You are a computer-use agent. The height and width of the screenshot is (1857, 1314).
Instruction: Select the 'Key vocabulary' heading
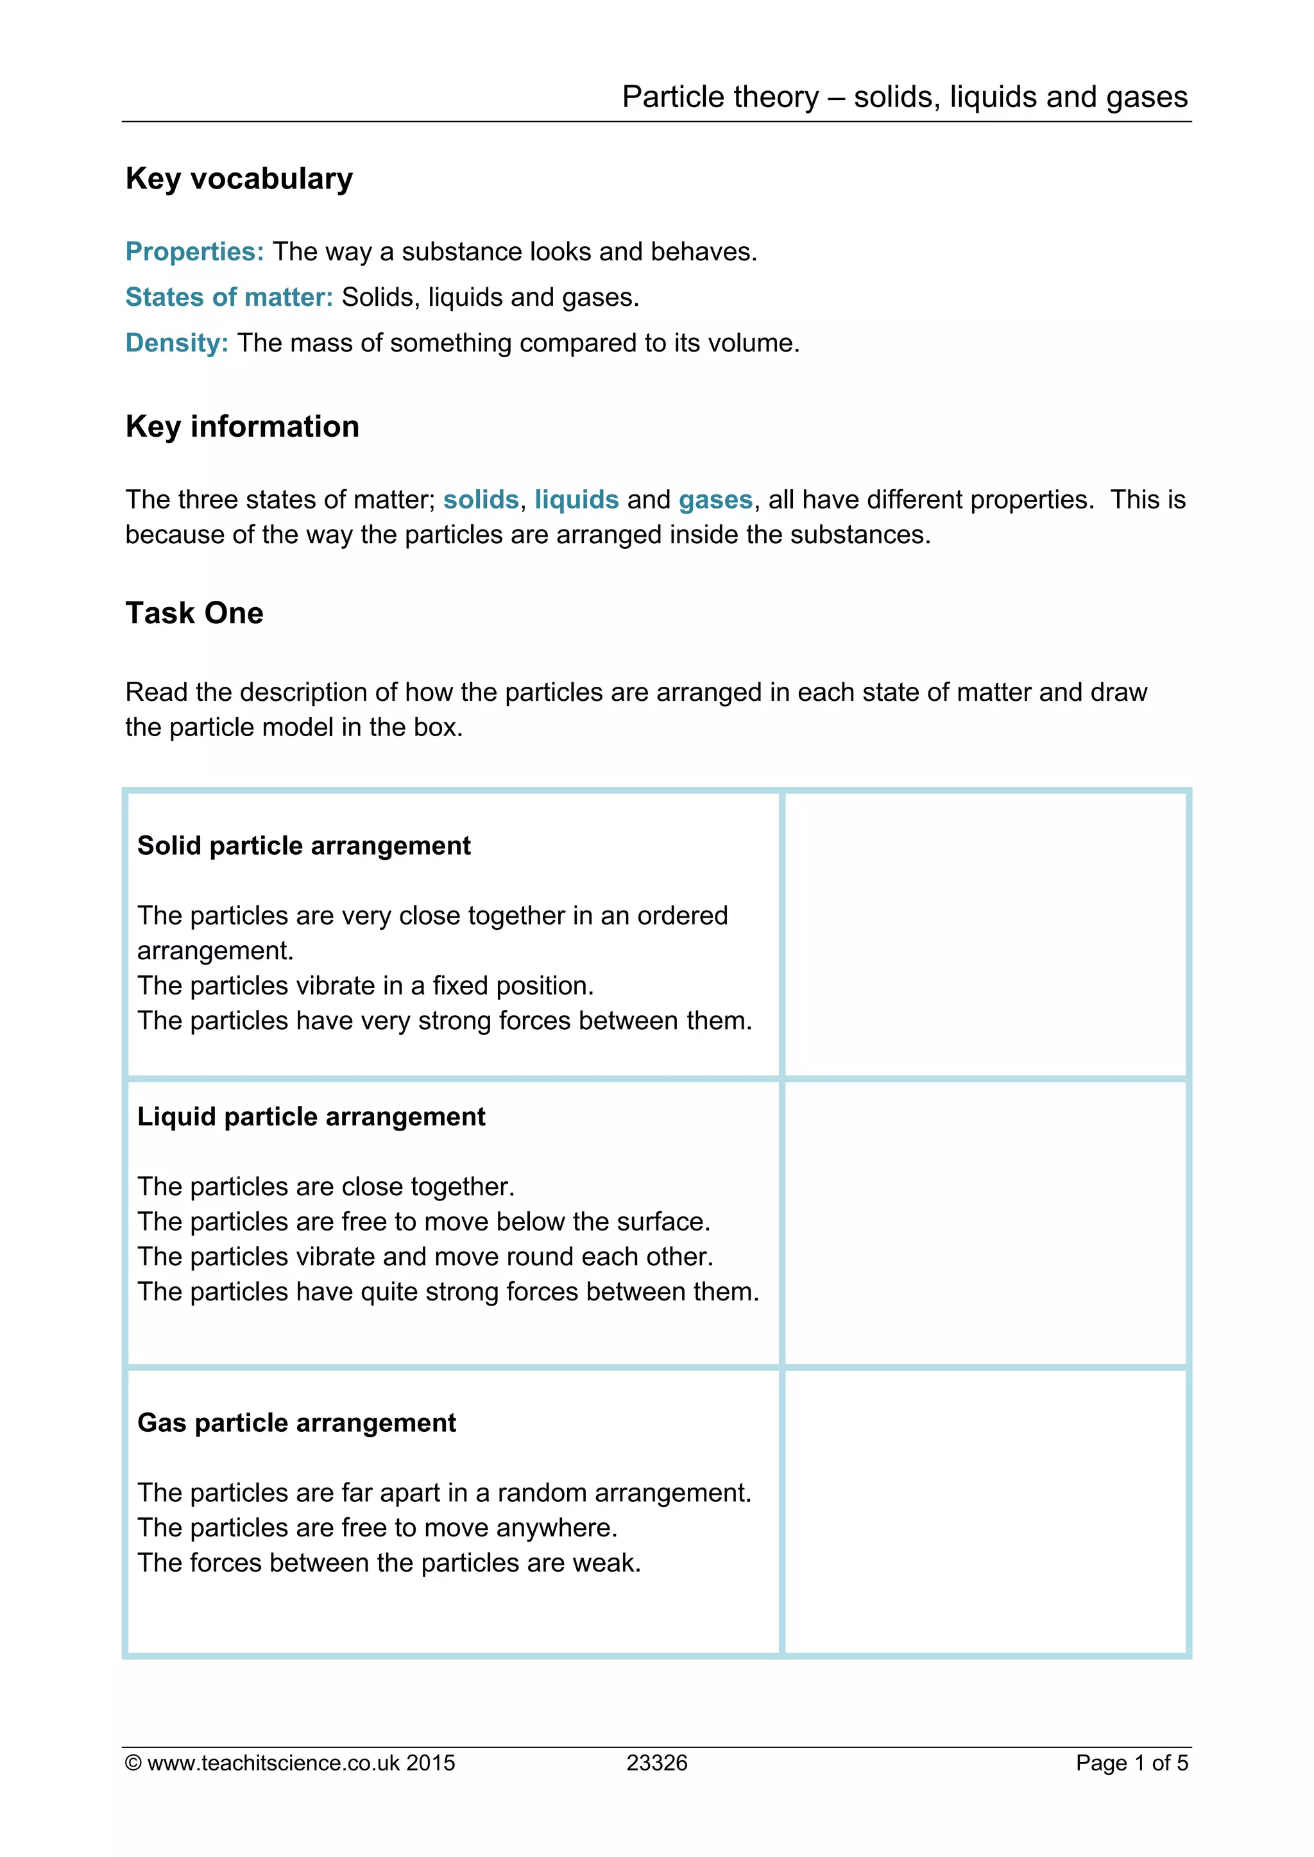coord(239,179)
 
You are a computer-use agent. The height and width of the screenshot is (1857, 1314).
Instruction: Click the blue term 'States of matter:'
coord(229,298)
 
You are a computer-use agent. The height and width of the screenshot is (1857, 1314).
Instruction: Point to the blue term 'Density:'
coord(176,343)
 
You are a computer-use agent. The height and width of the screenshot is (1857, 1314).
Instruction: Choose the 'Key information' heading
coord(242,426)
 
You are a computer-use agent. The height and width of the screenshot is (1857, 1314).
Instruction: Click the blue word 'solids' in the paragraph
coord(481,500)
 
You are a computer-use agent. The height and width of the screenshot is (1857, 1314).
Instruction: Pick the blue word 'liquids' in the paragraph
coord(576,500)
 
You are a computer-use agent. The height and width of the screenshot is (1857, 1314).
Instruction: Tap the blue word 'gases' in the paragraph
coord(715,500)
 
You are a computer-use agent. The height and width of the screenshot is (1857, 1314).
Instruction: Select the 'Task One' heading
coord(194,613)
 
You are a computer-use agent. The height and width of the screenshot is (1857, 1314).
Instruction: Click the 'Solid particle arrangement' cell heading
coord(303,846)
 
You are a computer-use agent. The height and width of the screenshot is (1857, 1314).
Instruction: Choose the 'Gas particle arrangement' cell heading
coord(296,1423)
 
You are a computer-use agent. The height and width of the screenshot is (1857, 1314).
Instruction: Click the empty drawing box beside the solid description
coord(985,934)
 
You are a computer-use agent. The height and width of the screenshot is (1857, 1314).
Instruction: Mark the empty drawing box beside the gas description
coord(985,1511)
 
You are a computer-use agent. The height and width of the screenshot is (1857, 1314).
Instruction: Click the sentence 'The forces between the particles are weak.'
coord(388,1563)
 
